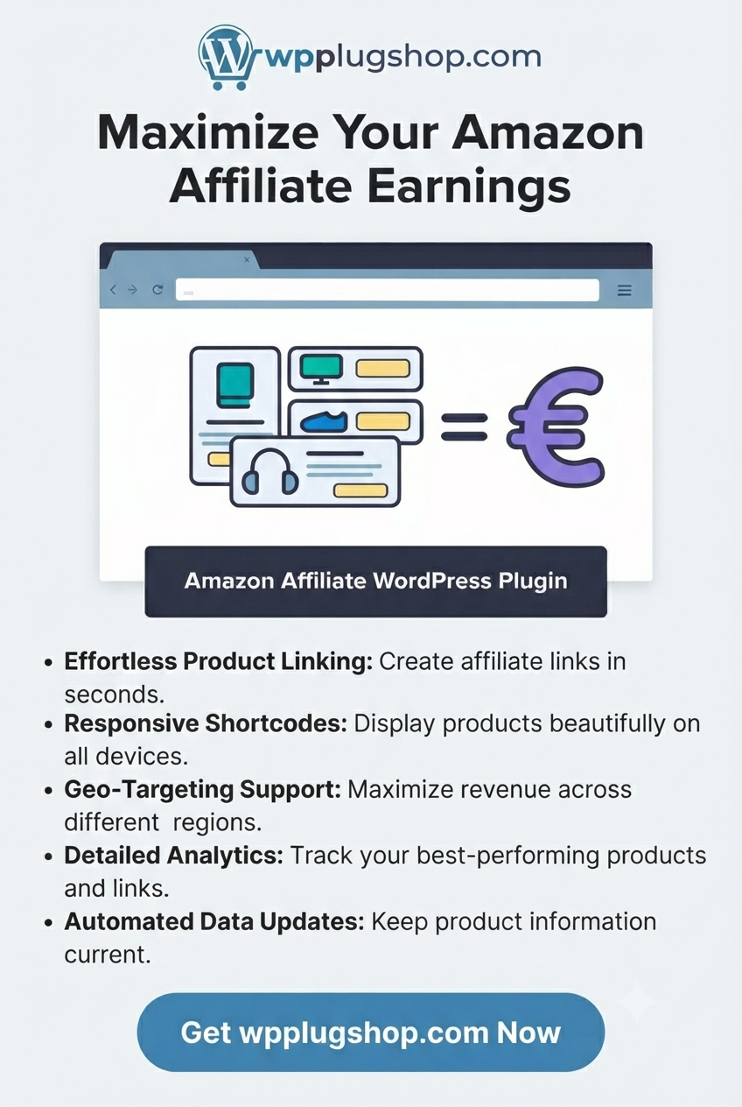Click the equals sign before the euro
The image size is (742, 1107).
click(x=464, y=427)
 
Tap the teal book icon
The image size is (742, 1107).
click(x=235, y=385)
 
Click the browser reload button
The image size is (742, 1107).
click(x=158, y=290)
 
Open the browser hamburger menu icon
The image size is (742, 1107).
click(x=625, y=290)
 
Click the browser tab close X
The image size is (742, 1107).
click(x=247, y=259)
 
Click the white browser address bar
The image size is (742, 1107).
click(x=388, y=290)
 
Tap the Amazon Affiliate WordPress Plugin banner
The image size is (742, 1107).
click(x=375, y=582)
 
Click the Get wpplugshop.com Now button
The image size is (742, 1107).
click(x=371, y=1033)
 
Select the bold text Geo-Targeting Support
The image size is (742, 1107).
click(x=202, y=790)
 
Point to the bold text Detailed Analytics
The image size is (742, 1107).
click(x=174, y=856)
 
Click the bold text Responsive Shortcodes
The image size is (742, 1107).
click(x=206, y=723)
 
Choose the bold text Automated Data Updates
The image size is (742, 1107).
click(x=214, y=921)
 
